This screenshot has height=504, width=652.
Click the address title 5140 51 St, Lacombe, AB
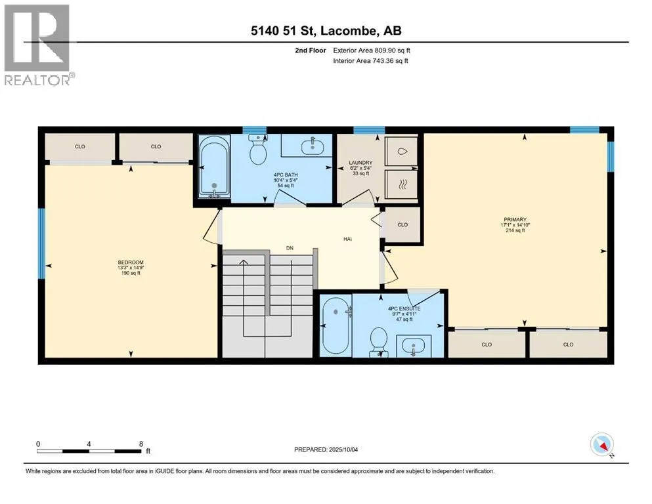(326, 30)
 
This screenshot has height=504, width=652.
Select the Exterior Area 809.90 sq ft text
(372, 51)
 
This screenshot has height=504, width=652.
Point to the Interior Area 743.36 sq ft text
(370, 60)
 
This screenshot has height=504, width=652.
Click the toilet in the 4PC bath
(258, 150)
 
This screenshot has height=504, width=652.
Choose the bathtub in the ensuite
(336, 325)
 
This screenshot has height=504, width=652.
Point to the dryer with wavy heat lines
(401, 185)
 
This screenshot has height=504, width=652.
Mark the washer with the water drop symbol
(401, 152)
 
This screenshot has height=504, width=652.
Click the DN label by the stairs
(290, 248)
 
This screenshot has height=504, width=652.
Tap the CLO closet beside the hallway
(402, 225)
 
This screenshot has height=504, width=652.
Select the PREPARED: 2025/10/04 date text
(326, 450)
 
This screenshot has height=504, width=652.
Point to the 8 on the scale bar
(141, 444)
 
